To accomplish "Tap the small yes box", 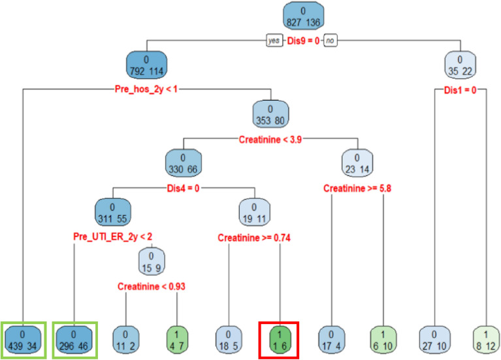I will click(x=274, y=41).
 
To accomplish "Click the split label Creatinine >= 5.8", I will click(x=357, y=189).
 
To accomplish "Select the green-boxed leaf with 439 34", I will click(x=24, y=339).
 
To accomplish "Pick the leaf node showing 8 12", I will click(x=487, y=339).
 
